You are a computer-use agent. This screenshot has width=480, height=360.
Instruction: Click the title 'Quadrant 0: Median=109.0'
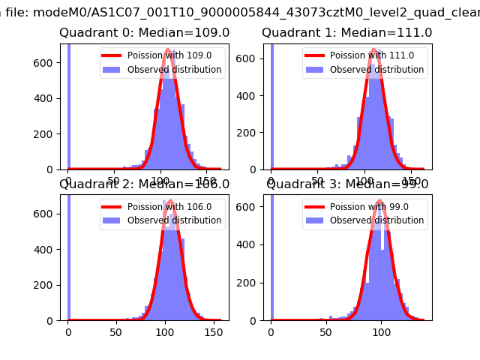click(145, 33)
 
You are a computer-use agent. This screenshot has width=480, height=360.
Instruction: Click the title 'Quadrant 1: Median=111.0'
click(347, 33)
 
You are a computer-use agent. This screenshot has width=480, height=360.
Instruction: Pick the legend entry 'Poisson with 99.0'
click(364, 207)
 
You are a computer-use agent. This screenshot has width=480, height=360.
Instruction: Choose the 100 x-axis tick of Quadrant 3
click(381, 332)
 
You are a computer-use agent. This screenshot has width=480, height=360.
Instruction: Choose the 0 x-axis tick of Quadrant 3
click(271, 332)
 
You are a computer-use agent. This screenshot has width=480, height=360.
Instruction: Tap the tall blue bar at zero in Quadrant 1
click(271, 105)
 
